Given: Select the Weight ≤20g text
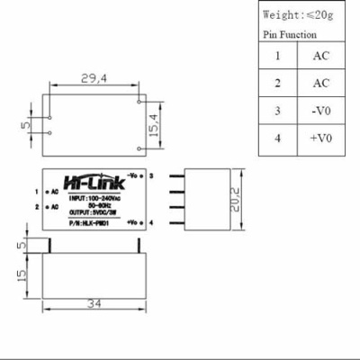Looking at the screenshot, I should point(298,15).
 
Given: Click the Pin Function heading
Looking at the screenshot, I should point(289,35).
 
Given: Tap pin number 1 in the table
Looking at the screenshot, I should point(278,55).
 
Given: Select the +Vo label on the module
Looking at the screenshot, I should point(133,221).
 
